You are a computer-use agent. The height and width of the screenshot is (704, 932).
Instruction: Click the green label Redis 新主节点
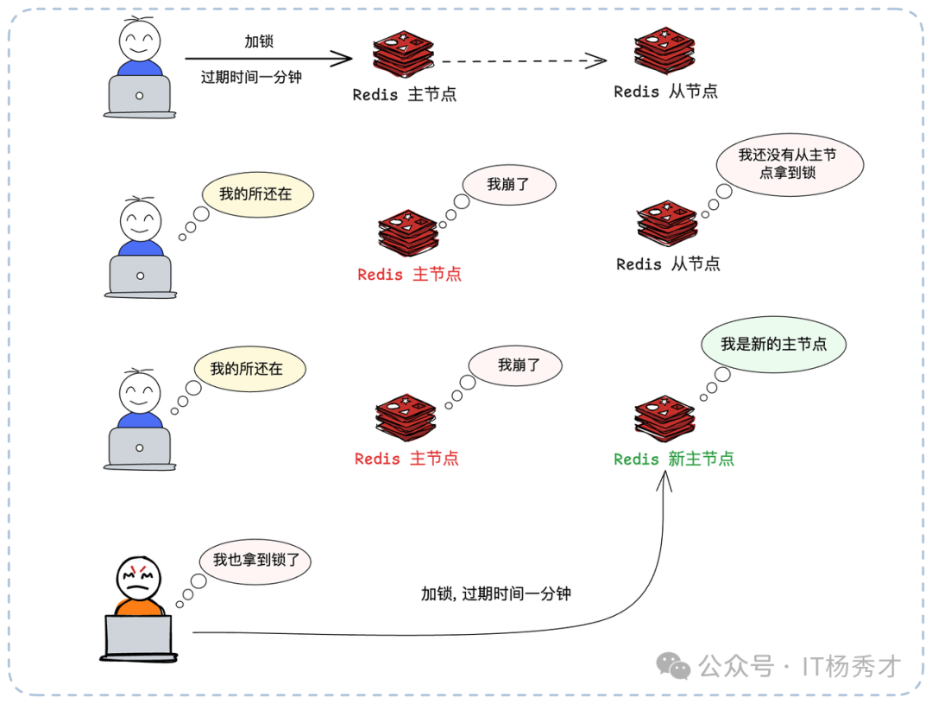coord(673,460)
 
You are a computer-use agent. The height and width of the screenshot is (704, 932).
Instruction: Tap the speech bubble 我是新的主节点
coord(773,344)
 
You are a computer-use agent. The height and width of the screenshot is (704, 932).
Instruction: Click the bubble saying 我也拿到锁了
coord(255,560)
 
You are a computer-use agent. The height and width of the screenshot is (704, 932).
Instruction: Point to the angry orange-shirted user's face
coord(139,579)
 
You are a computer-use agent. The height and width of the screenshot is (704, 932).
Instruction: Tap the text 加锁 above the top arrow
coord(259,41)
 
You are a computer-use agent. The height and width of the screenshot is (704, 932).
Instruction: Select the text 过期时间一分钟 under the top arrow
coord(251,77)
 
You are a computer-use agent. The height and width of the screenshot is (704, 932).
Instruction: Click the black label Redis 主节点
coord(404,94)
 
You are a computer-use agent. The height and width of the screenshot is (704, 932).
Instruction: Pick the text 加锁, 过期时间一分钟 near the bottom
coord(495,593)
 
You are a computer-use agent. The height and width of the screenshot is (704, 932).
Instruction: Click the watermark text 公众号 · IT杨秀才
coord(799,666)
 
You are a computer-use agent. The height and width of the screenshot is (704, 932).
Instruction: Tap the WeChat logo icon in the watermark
coord(673,665)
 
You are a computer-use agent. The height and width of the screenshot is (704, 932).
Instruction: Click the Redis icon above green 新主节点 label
coord(664,417)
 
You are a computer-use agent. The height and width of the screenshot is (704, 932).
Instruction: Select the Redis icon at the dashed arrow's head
coord(664,51)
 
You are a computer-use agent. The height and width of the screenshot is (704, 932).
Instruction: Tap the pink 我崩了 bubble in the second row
coord(508,184)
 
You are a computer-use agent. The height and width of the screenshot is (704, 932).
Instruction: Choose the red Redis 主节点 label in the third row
coord(406,459)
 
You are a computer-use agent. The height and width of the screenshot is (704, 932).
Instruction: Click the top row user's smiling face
coord(139,39)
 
